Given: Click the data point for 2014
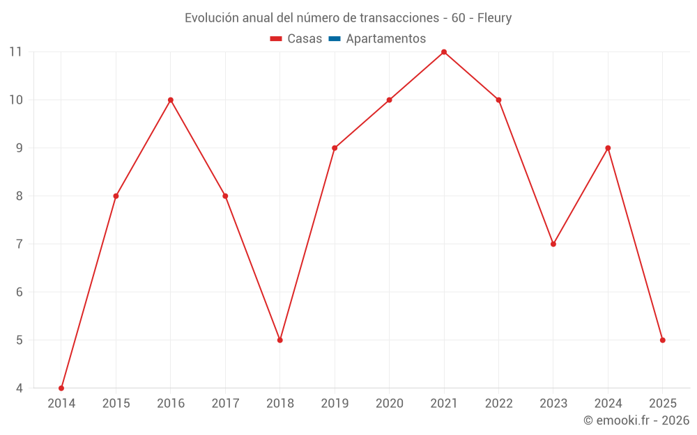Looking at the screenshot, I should [x=61, y=388].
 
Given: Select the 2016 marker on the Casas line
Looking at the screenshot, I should [x=171, y=100].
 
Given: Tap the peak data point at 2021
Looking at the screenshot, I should [x=444, y=52].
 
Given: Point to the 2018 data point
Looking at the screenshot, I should [x=280, y=340].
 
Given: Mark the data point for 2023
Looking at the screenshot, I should [x=553, y=244].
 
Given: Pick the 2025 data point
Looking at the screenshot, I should [x=663, y=340].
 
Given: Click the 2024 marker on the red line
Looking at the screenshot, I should [x=608, y=148].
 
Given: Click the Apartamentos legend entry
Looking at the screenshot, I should [x=385, y=39].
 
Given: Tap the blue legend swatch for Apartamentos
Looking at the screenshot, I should [x=335, y=39].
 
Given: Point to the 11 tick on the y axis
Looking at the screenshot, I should [x=15, y=52].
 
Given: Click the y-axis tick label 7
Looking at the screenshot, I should [x=19, y=244].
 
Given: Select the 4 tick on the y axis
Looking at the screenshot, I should [x=19, y=388].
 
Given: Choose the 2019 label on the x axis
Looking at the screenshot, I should [x=335, y=404].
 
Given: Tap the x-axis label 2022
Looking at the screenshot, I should [x=498, y=404].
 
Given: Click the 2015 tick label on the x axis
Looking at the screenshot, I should [x=116, y=404].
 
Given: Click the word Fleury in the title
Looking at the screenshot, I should [x=494, y=18].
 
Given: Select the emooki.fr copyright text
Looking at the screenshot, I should [x=636, y=420].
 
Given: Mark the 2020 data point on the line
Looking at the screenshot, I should [x=390, y=100].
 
